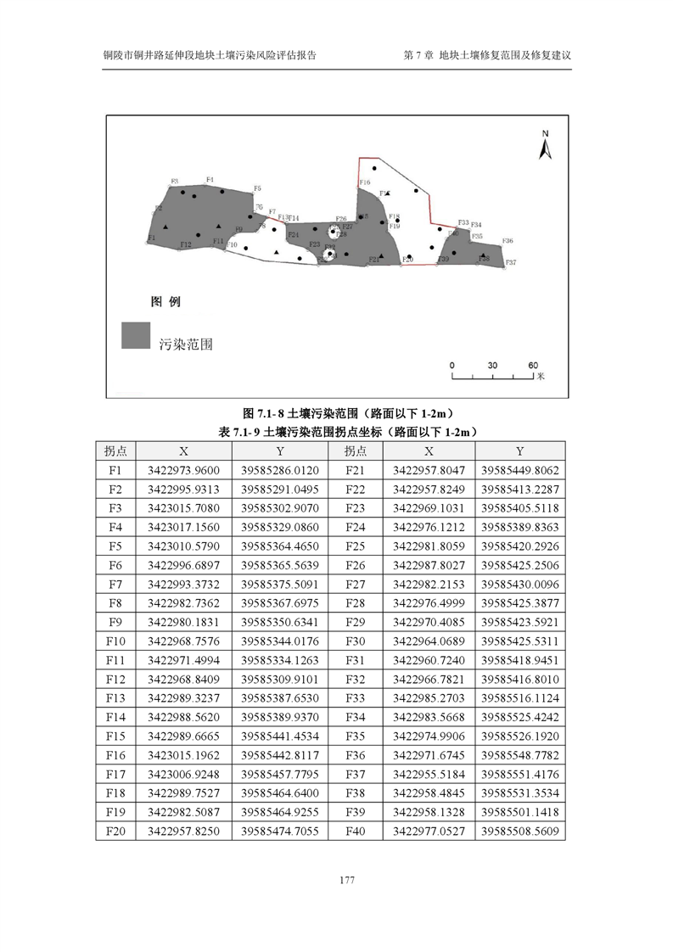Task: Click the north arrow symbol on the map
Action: (x=547, y=147)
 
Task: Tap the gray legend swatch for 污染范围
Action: (x=136, y=336)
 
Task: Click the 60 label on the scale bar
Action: (x=533, y=365)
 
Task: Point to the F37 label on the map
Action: (x=511, y=263)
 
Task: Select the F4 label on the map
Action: (x=210, y=179)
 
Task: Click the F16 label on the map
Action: (x=365, y=182)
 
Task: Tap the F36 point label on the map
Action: (x=508, y=242)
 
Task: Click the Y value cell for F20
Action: (x=279, y=832)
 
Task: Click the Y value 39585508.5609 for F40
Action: (x=520, y=832)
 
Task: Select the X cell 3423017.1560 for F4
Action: (x=183, y=527)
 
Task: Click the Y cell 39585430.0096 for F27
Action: (x=520, y=584)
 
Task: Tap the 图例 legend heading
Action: (x=165, y=301)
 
